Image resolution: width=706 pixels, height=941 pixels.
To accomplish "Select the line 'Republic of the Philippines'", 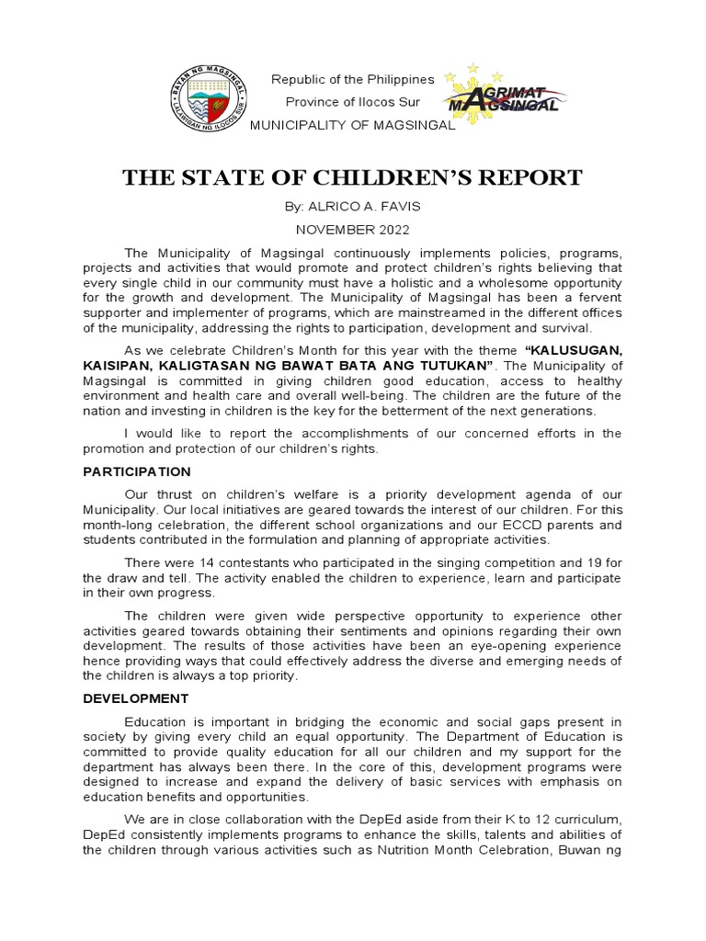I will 352,80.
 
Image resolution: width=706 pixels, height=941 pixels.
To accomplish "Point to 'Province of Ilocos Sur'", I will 352,102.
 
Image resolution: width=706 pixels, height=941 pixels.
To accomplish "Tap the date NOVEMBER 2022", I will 352,230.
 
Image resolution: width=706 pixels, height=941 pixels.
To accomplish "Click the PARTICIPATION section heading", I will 136,471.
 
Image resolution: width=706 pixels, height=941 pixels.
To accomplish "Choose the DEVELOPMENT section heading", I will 135,698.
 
